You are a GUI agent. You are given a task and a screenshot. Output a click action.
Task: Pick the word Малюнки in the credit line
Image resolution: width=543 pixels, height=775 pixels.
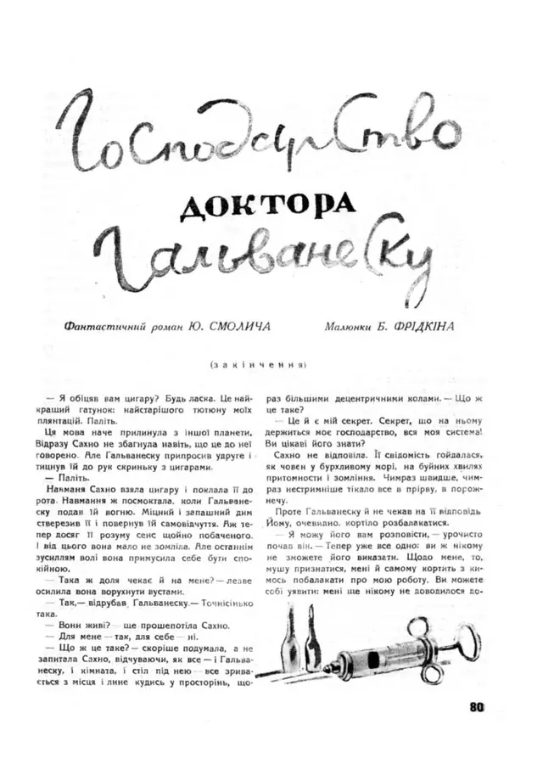point(351,325)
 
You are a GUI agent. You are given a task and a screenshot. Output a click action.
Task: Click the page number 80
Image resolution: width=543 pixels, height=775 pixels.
point(474,703)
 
